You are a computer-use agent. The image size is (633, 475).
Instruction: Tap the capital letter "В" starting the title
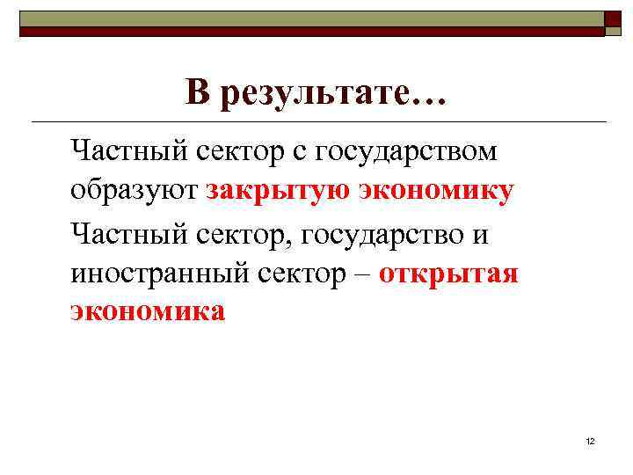(198, 91)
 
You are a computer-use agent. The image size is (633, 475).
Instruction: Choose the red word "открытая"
(448, 274)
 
